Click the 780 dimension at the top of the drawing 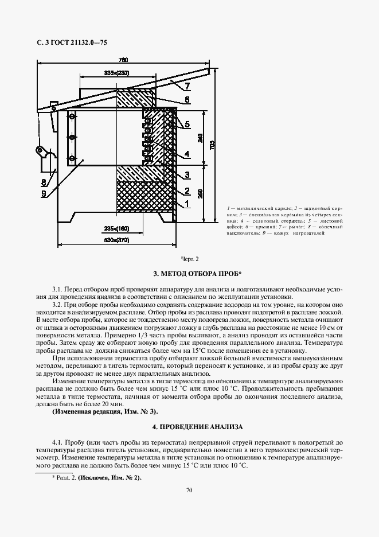point(123,60)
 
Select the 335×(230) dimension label point(116,73)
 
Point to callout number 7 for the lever point(187,87)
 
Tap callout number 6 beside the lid point(187,99)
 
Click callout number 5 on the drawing point(187,124)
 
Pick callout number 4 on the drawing point(187,154)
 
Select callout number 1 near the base point(187,204)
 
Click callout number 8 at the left point(44,182)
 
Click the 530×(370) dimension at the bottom point(116,239)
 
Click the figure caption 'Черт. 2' point(189,259)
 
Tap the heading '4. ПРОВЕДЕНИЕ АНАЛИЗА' point(189,427)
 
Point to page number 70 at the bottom point(189,489)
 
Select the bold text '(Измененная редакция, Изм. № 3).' point(105,412)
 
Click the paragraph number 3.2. point(57,303)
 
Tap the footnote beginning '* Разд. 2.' point(96,477)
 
